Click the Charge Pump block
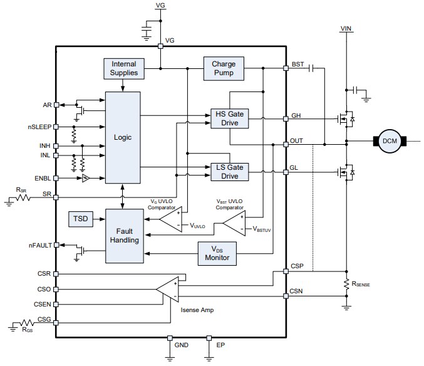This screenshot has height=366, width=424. [223, 68]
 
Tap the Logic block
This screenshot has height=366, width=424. [123, 137]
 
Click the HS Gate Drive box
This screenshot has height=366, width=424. [229, 118]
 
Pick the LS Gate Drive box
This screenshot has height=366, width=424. [229, 171]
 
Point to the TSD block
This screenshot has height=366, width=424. [80, 219]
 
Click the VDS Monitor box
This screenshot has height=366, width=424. [217, 253]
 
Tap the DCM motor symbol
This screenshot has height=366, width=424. [388, 141]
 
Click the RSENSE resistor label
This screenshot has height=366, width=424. [361, 284]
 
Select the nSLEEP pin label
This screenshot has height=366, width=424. [39, 127]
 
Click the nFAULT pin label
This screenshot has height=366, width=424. [39, 245]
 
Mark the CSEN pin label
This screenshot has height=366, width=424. [43, 304]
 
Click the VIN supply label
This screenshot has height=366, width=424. [346, 29]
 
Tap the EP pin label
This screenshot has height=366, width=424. [220, 345]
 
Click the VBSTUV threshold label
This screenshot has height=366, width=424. [262, 229]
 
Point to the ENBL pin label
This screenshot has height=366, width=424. [42, 178]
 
